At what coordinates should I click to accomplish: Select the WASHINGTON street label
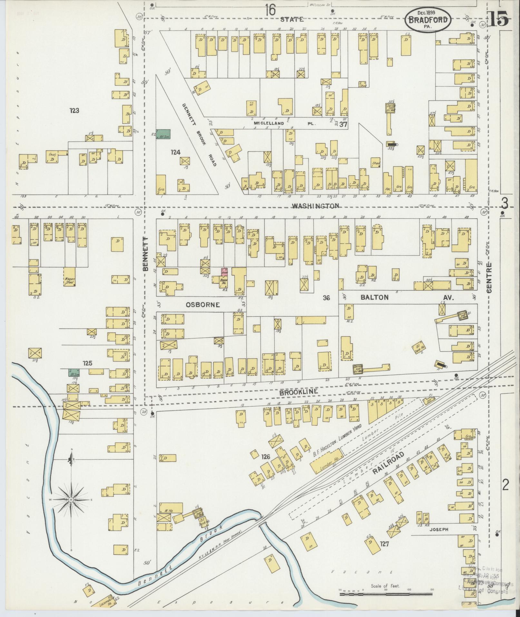[x=315, y=205]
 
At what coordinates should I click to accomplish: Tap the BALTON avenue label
[x=375, y=297]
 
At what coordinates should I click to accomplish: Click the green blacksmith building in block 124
[x=163, y=134]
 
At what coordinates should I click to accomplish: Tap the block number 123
[x=74, y=111]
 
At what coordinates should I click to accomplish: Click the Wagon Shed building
[x=69, y=277]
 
